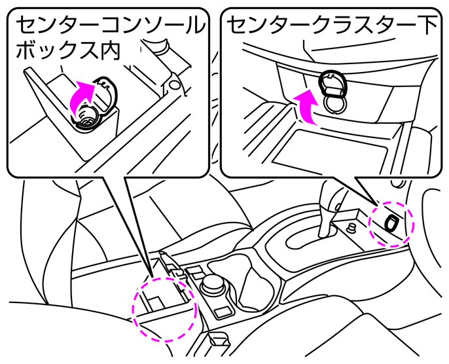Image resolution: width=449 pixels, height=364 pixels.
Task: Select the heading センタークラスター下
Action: click(332, 26)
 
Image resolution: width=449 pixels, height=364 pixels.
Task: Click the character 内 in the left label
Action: click(108, 52)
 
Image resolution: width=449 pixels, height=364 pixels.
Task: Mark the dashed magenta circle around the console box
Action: click(165, 306)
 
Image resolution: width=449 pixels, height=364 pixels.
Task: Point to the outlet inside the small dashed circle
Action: click(391, 223)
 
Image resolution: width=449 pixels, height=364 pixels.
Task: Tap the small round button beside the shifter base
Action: click(351, 228)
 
